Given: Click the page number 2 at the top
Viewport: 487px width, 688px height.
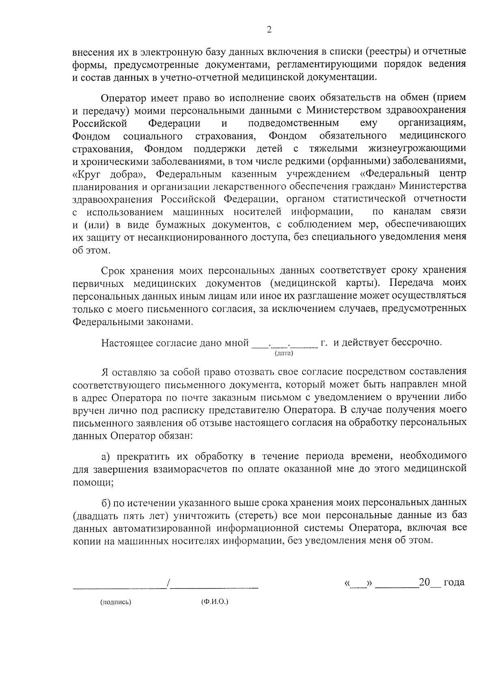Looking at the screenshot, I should [269, 30].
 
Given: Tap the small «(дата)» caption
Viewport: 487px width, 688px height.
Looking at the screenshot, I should [284, 353].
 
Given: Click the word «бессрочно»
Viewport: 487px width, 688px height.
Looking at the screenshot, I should [417, 342].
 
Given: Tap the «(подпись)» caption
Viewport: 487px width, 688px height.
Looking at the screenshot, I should [116, 602].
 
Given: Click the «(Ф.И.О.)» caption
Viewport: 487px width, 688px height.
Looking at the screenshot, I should [215, 602].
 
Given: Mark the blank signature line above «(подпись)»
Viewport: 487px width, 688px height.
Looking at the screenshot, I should [119, 586].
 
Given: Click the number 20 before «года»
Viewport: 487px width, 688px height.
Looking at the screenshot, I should [425, 582].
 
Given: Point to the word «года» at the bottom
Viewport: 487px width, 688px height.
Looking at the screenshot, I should [454, 582].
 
